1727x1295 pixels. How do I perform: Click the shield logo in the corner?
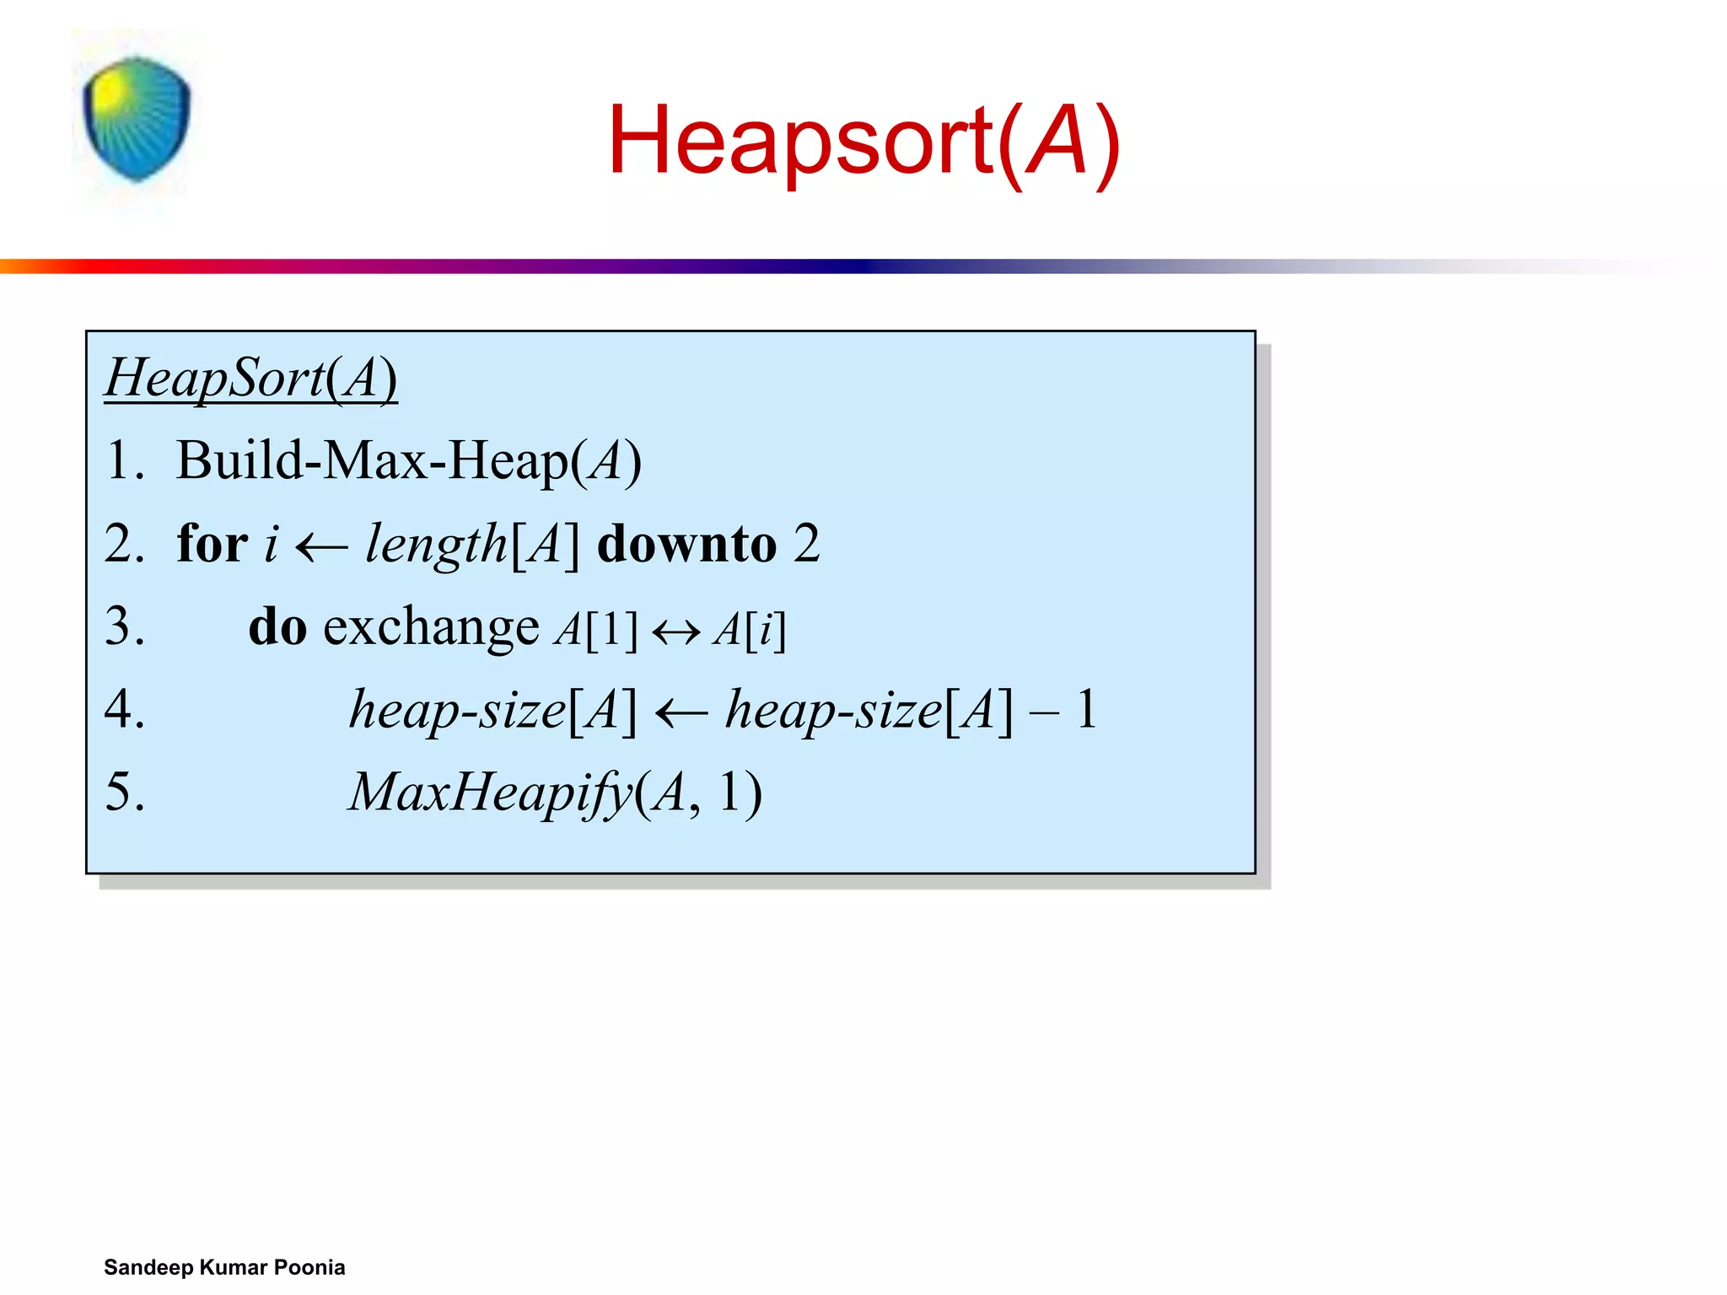click(136, 118)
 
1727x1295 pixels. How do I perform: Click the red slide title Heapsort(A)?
click(863, 140)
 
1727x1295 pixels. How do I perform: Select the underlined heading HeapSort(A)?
click(250, 378)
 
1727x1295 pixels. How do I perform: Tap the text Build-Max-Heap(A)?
click(408, 461)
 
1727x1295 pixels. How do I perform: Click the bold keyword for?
click(213, 543)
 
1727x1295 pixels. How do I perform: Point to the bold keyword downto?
click(686, 544)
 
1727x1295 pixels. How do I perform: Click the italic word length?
click(435, 544)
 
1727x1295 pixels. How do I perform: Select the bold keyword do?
click(277, 626)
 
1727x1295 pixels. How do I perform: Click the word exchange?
click(431, 627)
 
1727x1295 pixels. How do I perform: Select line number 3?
click(125, 626)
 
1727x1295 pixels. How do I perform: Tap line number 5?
click(125, 792)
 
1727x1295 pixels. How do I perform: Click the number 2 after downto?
click(806, 544)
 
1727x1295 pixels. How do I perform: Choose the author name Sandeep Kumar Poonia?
click(224, 1267)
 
